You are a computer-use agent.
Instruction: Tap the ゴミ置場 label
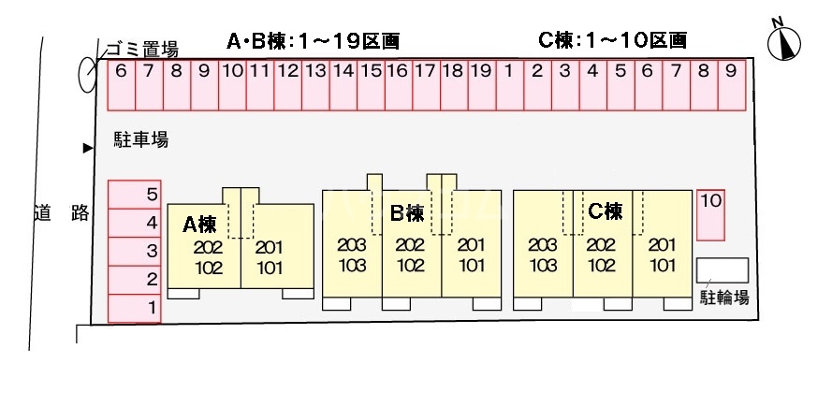click(x=140, y=49)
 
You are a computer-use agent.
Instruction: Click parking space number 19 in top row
click(x=480, y=85)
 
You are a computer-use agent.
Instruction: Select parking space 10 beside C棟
click(x=710, y=214)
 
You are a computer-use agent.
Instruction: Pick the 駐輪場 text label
click(x=724, y=298)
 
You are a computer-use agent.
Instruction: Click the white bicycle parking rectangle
click(x=723, y=270)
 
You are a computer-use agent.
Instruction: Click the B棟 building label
click(x=407, y=214)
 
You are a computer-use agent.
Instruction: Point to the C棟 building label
click(x=605, y=212)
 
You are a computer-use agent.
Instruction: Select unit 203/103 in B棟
click(x=352, y=254)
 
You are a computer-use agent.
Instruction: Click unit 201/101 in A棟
click(x=270, y=256)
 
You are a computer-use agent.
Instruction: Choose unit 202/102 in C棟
click(x=601, y=254)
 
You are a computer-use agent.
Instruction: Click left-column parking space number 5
click(x=135, y=195)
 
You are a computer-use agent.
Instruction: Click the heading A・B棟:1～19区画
click(x=314, y=41)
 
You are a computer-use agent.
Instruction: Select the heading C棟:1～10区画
click(x=613, y=40)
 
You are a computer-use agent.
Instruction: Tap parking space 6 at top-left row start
click(x=122, y=85)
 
